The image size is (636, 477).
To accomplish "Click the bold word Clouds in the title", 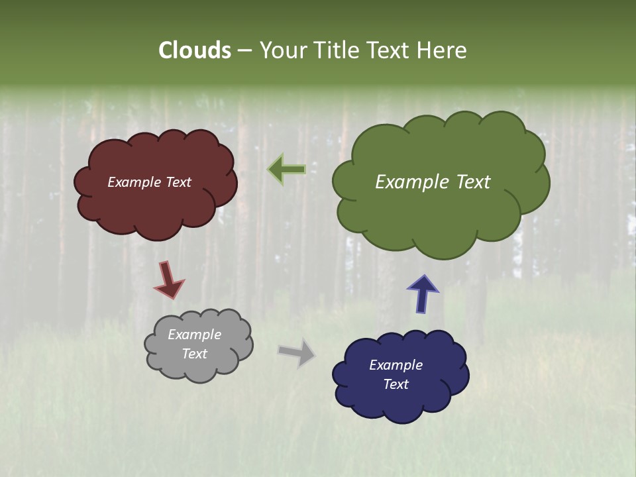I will click(195, 50).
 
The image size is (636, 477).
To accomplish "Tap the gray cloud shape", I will click(199, 371).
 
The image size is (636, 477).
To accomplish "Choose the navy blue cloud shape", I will click(397, 404).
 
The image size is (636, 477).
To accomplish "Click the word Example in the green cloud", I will click(407, 182).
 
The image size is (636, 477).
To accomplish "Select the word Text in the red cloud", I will click(178, 182).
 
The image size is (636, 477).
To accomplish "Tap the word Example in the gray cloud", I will click(194, 335).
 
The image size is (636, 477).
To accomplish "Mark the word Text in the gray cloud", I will click(194, 354).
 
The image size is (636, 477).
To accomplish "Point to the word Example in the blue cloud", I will click(396, 365).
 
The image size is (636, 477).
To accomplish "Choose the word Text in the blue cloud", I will click(396, 384).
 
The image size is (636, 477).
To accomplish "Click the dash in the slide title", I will click(244, 51).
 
